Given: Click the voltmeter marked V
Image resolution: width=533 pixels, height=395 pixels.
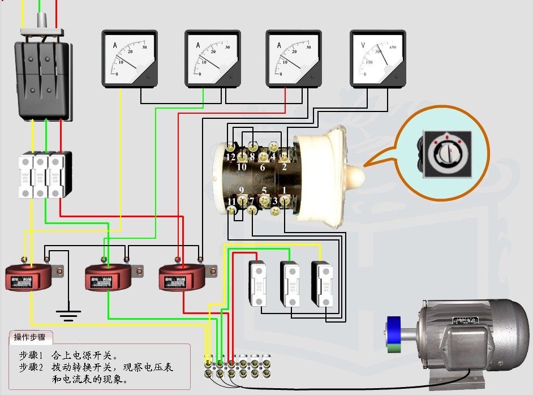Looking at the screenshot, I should tap(378, 58).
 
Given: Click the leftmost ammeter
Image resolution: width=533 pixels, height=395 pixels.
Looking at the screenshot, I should tap(130, 59).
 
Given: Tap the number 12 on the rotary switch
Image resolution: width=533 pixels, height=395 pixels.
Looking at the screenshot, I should tap(230, 157).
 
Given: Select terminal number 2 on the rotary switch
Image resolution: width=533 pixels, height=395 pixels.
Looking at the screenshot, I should tap(284, 166).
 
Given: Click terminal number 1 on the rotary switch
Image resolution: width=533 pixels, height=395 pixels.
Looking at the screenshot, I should tap(284, 190).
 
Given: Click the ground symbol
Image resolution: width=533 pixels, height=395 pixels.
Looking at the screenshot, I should tap(68, 314).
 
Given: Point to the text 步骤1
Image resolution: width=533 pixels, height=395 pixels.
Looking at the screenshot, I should tap(31, 356).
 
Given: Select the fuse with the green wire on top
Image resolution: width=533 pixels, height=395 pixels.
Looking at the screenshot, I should tap(290, 283).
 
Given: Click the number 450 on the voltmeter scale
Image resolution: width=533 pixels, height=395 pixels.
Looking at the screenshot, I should tap(392, 47).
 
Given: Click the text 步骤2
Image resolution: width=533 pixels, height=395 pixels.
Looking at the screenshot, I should tap(31, 367).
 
